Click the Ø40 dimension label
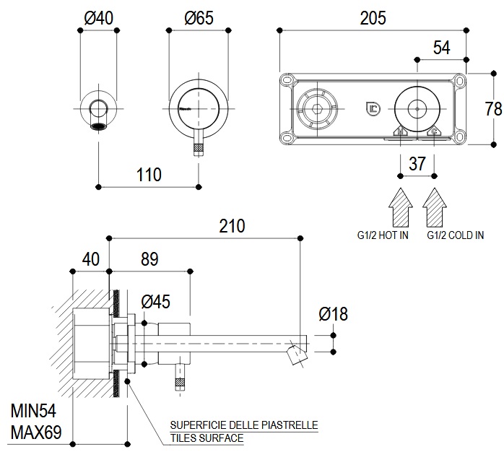98,18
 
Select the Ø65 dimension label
198,18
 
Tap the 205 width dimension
373,17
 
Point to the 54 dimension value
441,48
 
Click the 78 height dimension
493,109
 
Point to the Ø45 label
156,302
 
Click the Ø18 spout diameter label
332,314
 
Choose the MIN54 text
33,412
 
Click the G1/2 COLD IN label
455,235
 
